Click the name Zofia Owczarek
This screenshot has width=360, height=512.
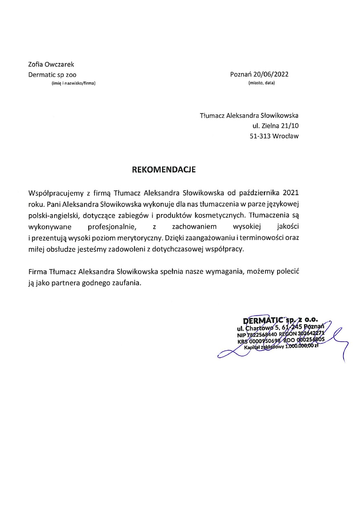click(x=51, y=64)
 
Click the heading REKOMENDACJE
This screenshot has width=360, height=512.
click(x=163, y=170)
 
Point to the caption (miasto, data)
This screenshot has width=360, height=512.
click(x=261, y=83)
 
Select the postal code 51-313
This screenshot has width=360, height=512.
click(x=260, y=136)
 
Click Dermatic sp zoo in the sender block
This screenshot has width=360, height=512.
click(x=52, y=74)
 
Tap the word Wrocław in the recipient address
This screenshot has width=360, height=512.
click(x=286, y=136)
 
